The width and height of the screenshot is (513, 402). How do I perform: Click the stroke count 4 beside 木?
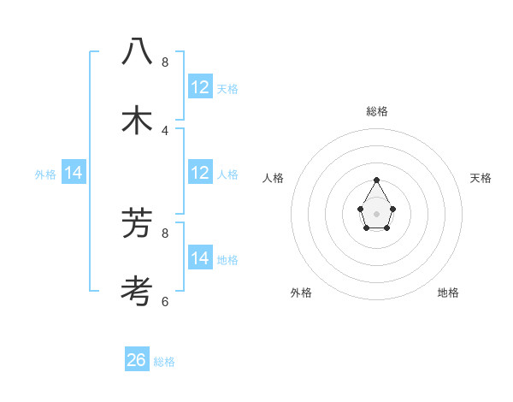point(165,130)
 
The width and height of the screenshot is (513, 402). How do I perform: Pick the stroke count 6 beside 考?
point(165,301)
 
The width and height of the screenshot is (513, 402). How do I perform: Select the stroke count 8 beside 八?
point(165,62)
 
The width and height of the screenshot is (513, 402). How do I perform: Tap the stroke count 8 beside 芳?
point(165,232)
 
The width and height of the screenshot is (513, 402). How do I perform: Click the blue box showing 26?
point(137,360)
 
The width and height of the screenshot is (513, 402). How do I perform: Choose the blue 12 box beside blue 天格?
point(200,87)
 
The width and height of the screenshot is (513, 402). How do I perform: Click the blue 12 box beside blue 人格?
point(200,173)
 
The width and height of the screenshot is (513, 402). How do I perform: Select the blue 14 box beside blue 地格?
point(200,258)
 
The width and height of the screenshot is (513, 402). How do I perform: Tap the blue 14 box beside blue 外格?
point(74,174)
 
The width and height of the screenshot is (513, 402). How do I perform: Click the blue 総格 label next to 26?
point(164,362)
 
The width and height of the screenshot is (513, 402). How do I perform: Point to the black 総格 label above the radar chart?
point(376,111)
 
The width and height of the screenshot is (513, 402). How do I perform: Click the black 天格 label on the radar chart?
point(481,178)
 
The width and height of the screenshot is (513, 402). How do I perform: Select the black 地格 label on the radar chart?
point(448,293)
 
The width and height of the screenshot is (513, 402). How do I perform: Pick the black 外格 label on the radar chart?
point(301,293)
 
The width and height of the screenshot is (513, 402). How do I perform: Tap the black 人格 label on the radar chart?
point(274,178)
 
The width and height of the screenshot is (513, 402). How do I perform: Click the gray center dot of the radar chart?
point(376,213)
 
